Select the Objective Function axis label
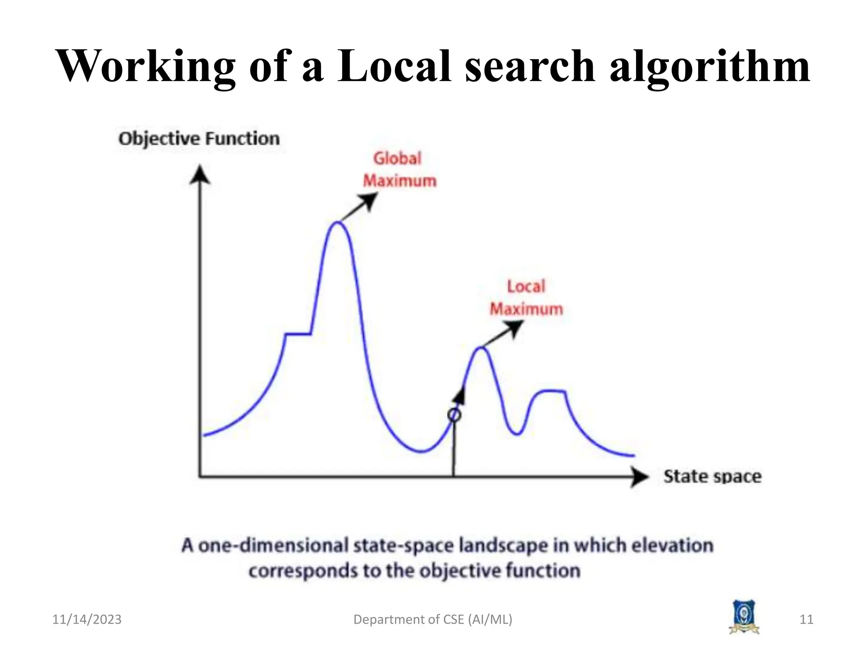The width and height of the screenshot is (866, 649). (199, 139)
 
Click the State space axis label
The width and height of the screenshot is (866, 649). (713, 477)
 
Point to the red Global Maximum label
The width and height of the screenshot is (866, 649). (399, 170)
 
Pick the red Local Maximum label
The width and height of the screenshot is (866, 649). (526, 298)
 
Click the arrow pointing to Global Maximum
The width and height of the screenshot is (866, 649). (359, 207)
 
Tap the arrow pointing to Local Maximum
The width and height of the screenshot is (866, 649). (503, 334)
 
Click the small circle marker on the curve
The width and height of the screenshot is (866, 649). (454, 415)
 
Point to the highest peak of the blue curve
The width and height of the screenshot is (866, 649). (337, 223)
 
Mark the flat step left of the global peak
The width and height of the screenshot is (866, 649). (298, 334)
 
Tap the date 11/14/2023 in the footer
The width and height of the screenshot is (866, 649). (87, 619)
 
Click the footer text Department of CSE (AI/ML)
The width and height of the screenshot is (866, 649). (433, 619)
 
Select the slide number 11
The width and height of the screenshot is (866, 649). (806, 619)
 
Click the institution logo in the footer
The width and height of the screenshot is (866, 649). (744, 617)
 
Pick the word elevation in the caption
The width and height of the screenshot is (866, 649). (672, 545)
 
